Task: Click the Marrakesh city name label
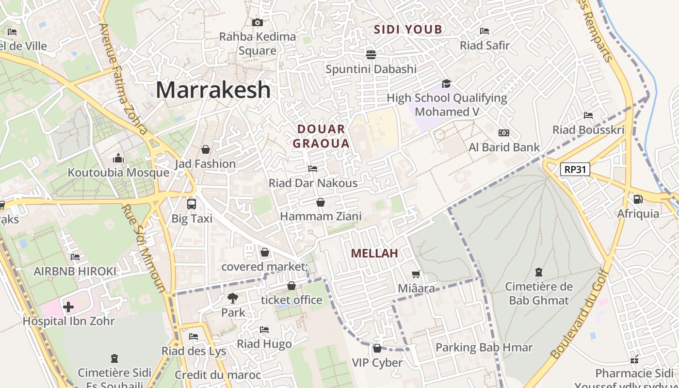coord(213,90)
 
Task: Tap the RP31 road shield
coord(575,169)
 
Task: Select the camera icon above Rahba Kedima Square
coord(258,22)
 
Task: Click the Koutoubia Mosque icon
coord(118,158)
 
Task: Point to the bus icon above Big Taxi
coord(192,204)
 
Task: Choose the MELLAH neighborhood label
coord(374,253)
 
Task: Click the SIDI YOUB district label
coord(407,30)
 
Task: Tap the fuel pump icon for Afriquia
coord(638,199)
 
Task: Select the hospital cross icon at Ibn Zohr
coord(68,307)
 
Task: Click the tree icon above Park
coord(233,298)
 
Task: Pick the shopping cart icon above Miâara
coord(416,275)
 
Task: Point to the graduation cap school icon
coord(446,84)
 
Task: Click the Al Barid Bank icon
coord(503,133)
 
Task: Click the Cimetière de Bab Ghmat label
coord(538,293)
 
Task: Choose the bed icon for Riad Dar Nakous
coord(313,169)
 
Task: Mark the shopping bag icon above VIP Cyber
coord(377,348)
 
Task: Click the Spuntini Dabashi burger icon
coord(371,54)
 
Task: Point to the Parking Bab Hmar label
coord(484,347)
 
